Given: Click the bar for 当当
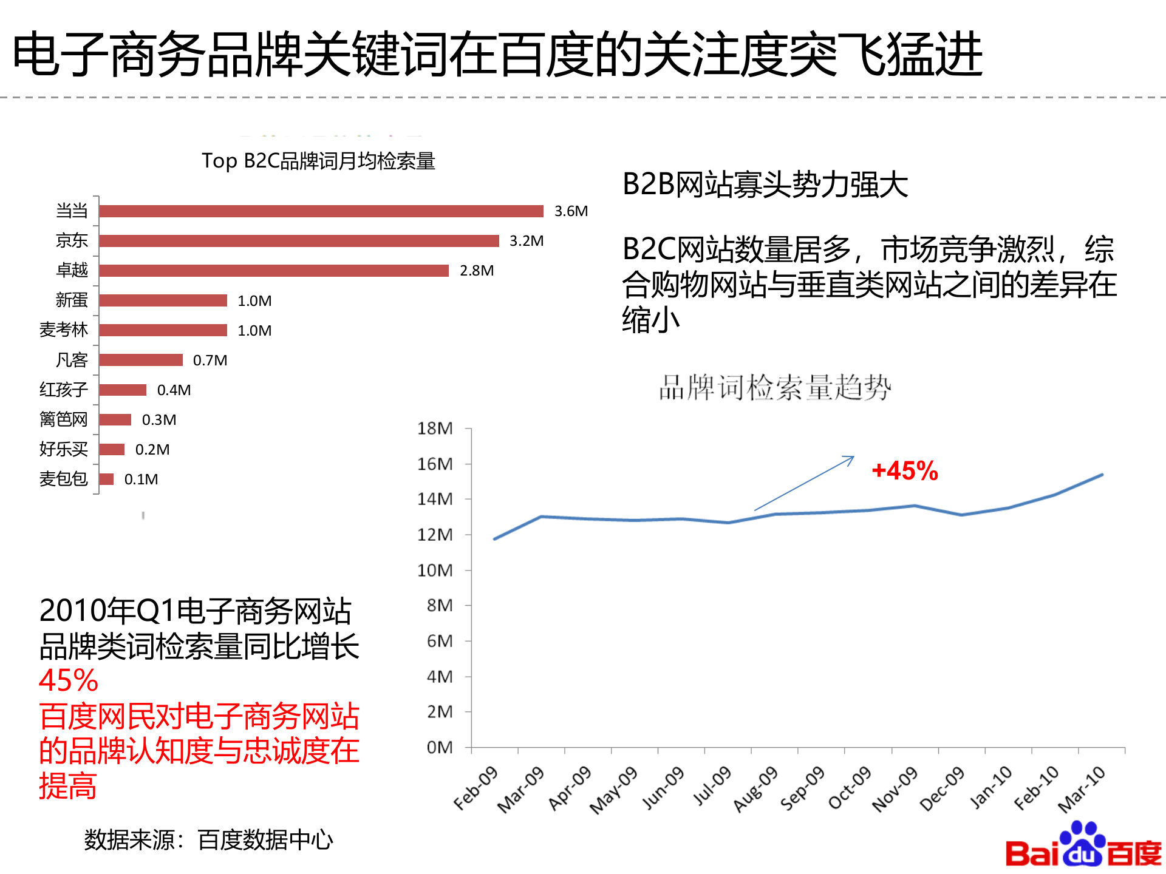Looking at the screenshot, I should (321, 211).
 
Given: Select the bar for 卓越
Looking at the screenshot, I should (274, 271).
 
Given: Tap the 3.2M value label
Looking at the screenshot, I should (526, 241).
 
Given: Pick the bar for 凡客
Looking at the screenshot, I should (141, 360).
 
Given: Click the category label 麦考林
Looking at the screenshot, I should (64, 330).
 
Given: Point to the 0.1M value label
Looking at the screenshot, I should (141, 479).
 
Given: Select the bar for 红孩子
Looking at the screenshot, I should (123, 390).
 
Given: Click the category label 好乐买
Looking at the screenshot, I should (64, 449).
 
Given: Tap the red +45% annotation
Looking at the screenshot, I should (904, 471).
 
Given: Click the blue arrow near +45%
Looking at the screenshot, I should (804, 483).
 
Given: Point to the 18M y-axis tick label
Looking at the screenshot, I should (435, 429).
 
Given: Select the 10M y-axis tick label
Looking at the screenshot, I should (435, 571).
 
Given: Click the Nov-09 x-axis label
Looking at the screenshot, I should (895, 788).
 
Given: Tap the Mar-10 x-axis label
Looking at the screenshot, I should (1081, 789).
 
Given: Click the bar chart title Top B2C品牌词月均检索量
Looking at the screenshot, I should (318, 161).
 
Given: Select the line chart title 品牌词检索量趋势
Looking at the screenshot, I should (775, 387).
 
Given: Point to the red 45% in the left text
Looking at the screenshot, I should (69, 681).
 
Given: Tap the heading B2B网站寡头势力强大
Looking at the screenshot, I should (765, 185).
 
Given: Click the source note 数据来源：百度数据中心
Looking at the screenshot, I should (208, 840).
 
